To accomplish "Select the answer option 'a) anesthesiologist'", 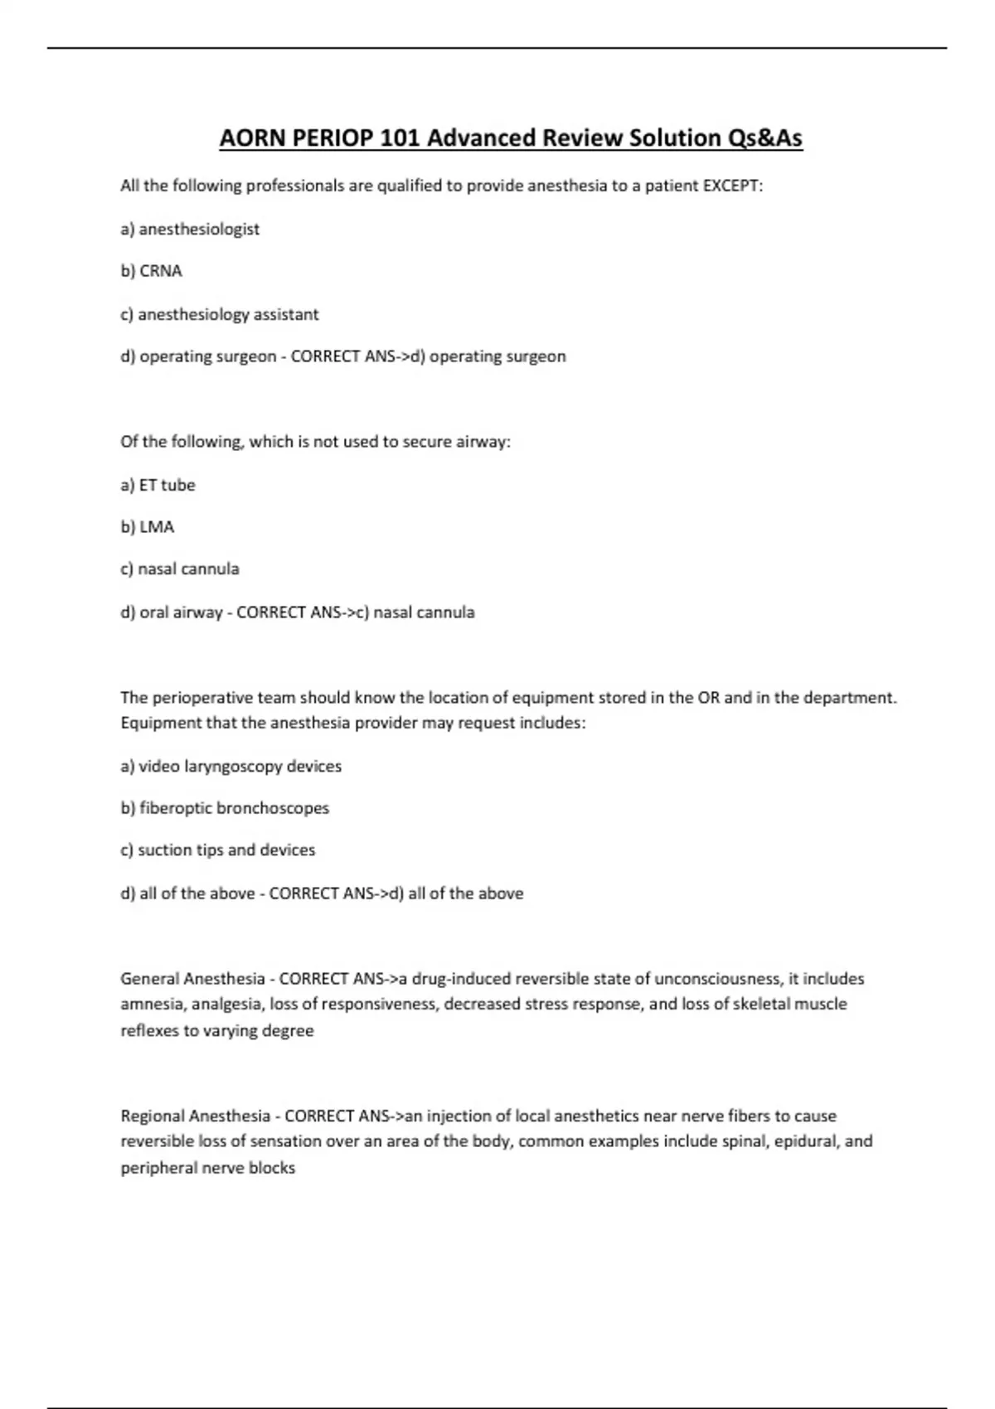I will pos(190,230).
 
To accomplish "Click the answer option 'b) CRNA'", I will pos(151,271).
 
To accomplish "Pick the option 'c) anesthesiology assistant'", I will pos(220,315).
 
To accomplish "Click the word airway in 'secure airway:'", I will pos(483,442).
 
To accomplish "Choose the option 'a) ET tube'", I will pos(158,485).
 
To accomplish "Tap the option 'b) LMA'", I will pos(148,527).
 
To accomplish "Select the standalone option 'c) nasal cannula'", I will pos(180,569).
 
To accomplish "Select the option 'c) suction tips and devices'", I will pos(218,850).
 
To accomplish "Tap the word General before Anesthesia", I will pos(149,979).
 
